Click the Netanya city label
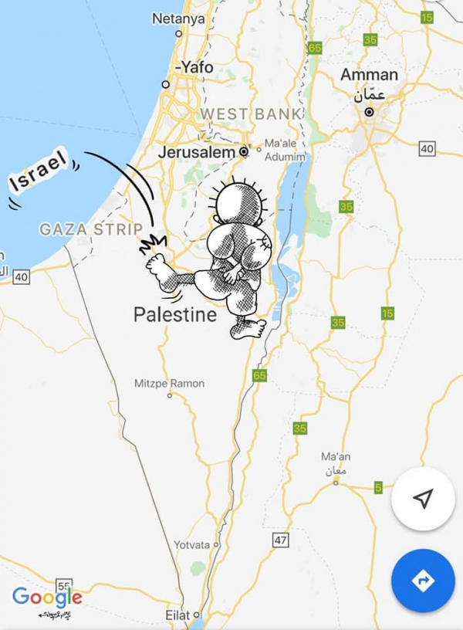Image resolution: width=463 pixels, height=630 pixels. (178, 18)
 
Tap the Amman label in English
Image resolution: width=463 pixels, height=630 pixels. (370, 75)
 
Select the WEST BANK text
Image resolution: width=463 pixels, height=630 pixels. (251, 114)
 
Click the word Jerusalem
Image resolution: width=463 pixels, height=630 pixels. (196, 153)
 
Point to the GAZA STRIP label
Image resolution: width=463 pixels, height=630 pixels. (91, 229)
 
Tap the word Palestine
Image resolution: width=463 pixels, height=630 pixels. (175, 314)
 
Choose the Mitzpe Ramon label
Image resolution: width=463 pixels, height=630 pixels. (170, 383)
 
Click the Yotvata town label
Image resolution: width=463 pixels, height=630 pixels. (191, 544)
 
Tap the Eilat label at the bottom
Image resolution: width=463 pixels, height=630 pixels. (176, 616)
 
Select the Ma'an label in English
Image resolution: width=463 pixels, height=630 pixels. (336, 457)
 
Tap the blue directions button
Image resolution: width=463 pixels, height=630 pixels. (423, 581)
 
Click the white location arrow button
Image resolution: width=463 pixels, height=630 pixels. (423, 499)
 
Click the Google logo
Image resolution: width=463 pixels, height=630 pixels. (46, 597)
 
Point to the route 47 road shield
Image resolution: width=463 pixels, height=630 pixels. (280, 540)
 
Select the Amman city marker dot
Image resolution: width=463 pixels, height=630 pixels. (370, 112)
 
